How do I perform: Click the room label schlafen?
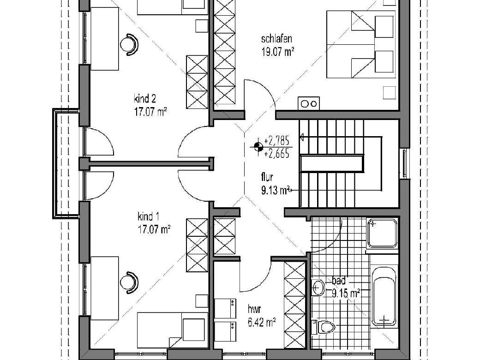pyautogui.click(x=276, y=39)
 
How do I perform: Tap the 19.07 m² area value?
pyautogui.click(x=278, y=51)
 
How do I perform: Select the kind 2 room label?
pyautogui.click(x=145, y=99)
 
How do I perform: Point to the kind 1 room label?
pyautogui.click(x=149, y=217)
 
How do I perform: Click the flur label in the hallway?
pyautogui.click(x=267, y=177)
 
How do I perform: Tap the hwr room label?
pyautogui.click(x=254, y=310)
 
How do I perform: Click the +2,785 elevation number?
pyautogui.click(x=277, y=141)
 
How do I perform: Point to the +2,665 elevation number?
pyautogui.click(x=277, y=153)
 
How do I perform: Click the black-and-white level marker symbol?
pyautogui.click(x=258, y=147)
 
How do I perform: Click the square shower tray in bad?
pyautogui.click(x=382, y=233)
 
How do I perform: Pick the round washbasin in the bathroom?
pyautogui.click(x=318, y=287)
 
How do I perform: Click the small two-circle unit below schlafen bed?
pyautogui.click(x=309, y=103)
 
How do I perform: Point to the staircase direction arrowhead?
pyautogui.click(x=301, y=138)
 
